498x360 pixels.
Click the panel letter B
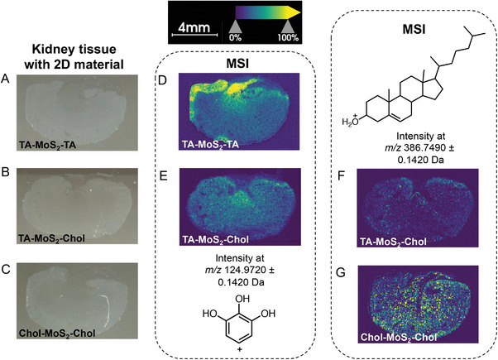tap(7, 175)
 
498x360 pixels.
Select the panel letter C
tap(7, 264)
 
